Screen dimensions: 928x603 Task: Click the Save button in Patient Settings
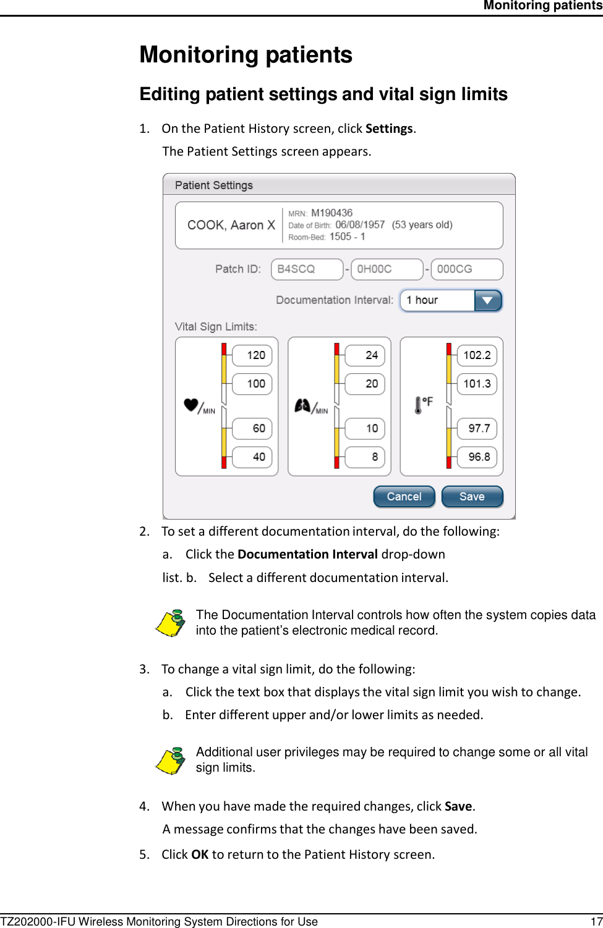[472, 497]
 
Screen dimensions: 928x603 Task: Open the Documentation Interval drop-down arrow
[487, 300]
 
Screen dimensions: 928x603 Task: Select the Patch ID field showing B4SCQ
[307, 269]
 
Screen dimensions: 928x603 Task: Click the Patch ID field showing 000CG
[466, 269]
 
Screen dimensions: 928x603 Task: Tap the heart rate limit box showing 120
[252, 355]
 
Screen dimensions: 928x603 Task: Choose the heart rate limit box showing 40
[252, 457]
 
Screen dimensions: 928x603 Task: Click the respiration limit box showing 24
[365, 355]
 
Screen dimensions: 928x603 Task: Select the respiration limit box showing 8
[365, 457]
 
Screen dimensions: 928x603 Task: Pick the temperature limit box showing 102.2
[477, 355]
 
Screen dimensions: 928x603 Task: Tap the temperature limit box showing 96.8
[477, 457]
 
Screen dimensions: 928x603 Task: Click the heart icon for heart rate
[191, 405]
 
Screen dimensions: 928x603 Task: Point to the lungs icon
[302, 405]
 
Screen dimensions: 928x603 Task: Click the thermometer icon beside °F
[418, 405]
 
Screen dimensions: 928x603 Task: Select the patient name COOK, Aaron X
[231, 225]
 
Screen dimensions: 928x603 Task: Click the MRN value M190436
[331, 213]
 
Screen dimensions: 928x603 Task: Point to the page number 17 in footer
[596, 922]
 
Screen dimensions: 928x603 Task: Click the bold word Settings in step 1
[389, 129]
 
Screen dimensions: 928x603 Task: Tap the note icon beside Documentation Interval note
[171, 623]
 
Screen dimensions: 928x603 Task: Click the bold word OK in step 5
[200, 854]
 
